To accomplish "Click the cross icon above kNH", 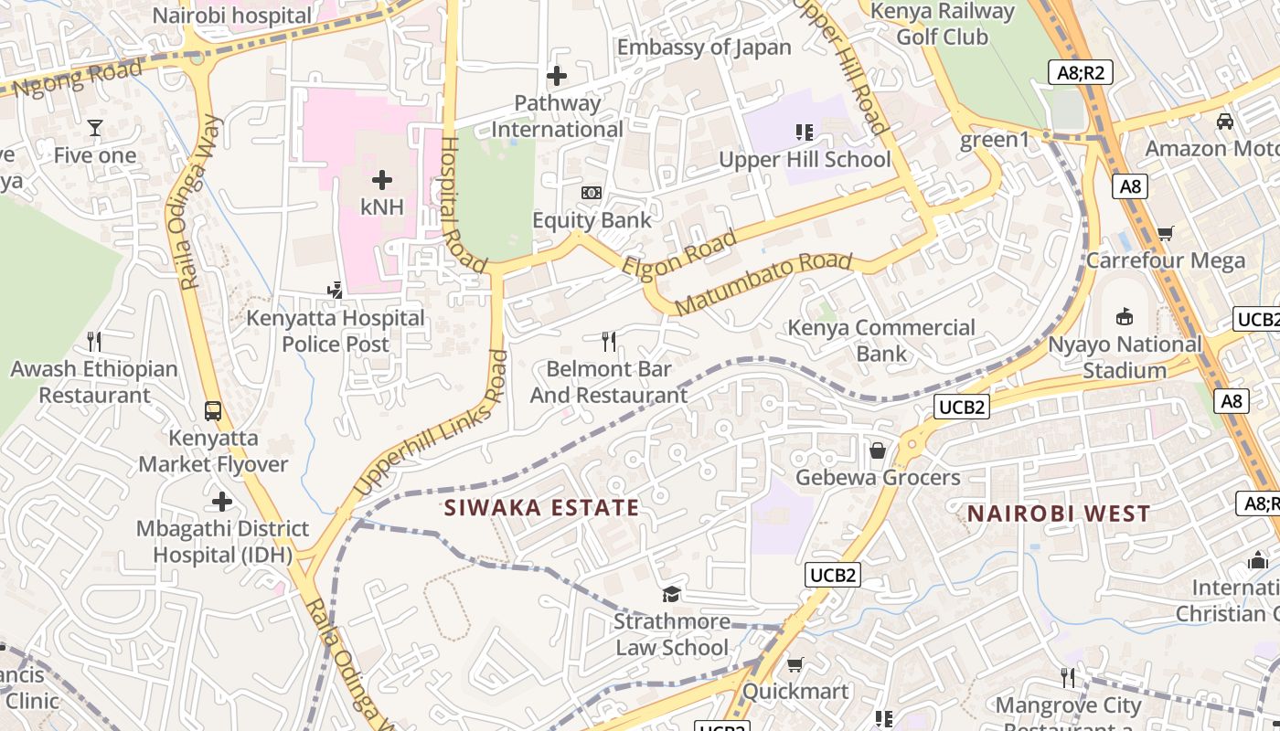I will tap(382, 180).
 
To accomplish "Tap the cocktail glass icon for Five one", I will tap(95, 127).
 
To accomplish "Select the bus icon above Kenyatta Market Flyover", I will tap(213, 410).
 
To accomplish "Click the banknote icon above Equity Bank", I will tap(592, 193).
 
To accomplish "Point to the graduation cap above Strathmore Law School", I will tap(671, 595).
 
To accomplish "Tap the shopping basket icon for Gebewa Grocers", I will tap(878, 450).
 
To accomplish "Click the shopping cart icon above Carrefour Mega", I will tap(1165, 234).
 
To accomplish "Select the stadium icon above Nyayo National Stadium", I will tap(1125, 317).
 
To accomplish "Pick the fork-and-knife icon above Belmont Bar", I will tap(609, 342).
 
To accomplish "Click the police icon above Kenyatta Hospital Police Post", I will tap(336, 291).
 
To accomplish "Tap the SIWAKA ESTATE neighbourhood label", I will tap(541, 508).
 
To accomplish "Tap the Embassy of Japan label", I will tap(704, 48).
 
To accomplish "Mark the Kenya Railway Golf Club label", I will tap(942, 25).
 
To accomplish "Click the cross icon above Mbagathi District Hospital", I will tap(222, 502).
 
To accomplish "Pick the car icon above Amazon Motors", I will tap(1225, 122).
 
